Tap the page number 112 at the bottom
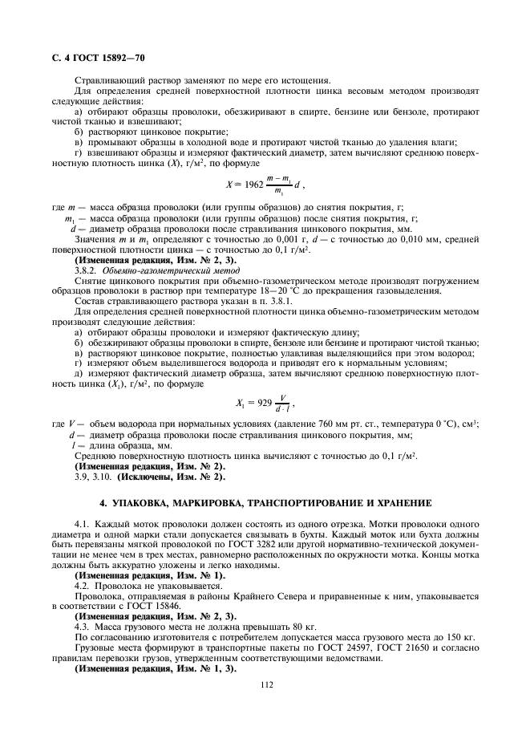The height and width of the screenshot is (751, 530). (265, 684)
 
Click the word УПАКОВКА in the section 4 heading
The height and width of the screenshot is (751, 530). (154, 503)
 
